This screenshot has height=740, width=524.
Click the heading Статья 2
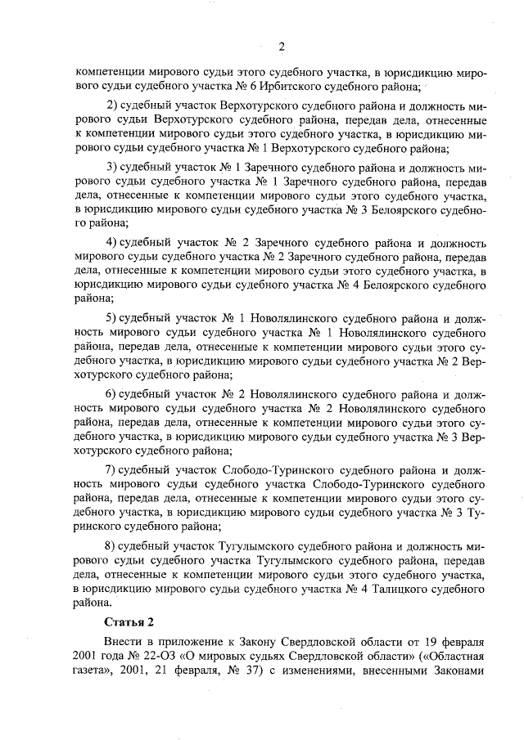(129, 622)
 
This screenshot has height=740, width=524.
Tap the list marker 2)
(115, 106)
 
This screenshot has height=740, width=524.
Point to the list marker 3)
(115, 168)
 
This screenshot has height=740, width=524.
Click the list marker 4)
(115, 243)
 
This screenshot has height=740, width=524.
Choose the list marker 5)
(115, 318)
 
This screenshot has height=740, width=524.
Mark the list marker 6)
(115, 394)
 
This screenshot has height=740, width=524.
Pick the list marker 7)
(115, 470)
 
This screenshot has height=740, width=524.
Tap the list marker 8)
(115, 545)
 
